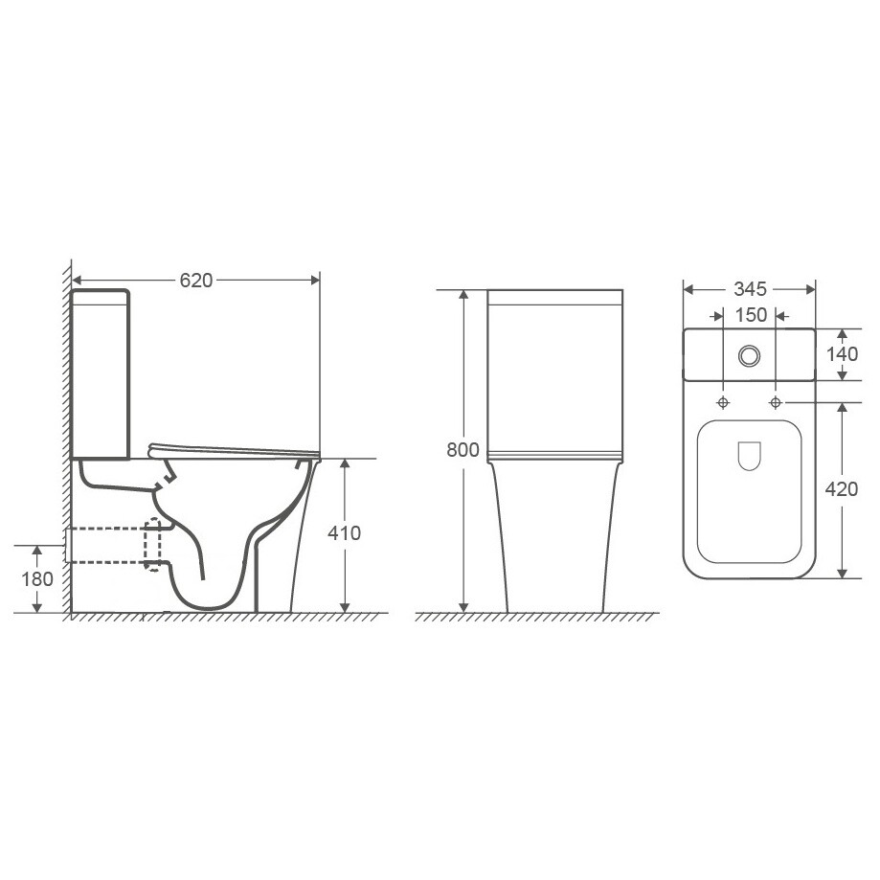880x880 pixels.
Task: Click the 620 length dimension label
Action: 195,280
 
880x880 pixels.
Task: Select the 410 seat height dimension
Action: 345,532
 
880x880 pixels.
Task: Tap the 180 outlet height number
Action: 36,580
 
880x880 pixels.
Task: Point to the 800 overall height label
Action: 463,451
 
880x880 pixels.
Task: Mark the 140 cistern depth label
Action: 842,352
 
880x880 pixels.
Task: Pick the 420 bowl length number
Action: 842,489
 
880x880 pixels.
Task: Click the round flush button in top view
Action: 749,355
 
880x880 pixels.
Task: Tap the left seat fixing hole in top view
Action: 722,399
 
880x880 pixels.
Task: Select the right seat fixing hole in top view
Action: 776,399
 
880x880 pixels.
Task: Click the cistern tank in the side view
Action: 101,373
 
